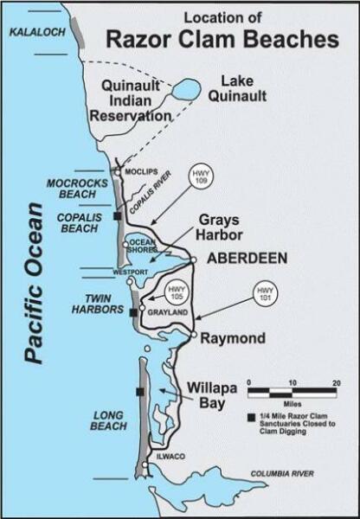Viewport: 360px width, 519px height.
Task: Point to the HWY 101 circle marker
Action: [x=264, y=292]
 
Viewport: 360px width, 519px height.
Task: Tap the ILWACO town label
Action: [x=164, y=456]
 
